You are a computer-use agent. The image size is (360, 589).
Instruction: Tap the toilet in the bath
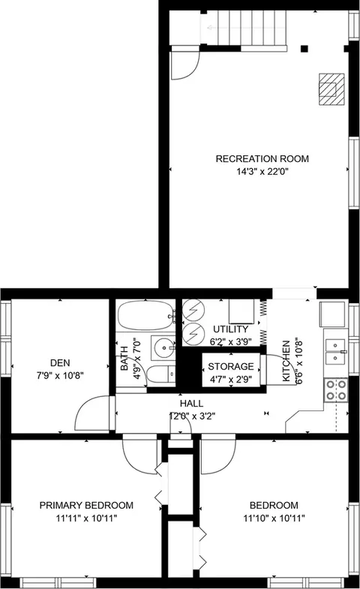click(x=157, y=375)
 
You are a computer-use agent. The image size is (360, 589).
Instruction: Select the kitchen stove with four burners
click(x=335, y=388)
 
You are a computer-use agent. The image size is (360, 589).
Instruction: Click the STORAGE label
click(x=231, y=366)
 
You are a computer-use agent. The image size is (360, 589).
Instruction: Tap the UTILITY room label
click(x=230, y=329)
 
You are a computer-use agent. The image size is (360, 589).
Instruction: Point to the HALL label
click(x=190, y=404)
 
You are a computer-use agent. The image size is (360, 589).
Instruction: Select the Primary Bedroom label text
click(x=87, y=505)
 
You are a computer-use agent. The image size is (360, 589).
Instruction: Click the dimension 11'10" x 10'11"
click(x=274, y=518)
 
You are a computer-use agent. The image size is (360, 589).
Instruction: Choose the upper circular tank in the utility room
click(x=193, y=308)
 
